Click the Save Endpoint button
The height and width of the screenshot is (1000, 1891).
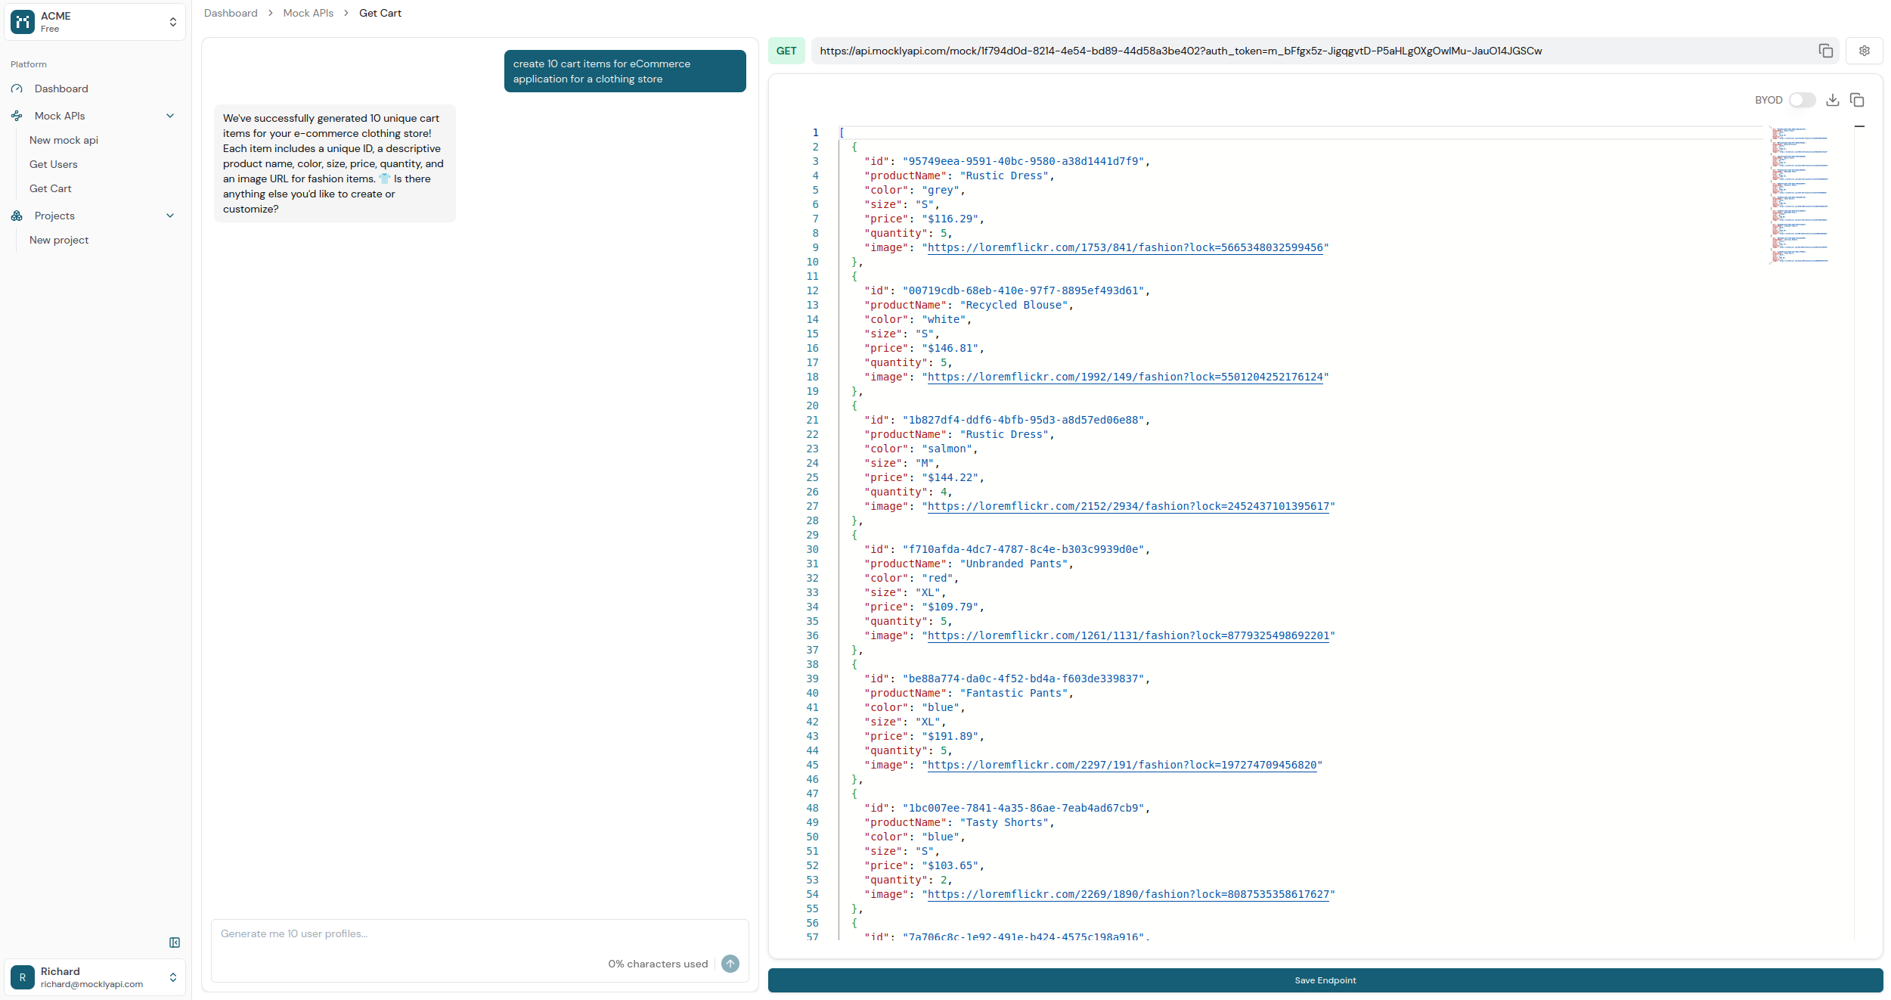tap(1325, 980)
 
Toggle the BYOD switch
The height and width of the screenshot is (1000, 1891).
tap(1802, 100)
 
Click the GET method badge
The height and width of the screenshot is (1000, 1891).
tap(786, 51)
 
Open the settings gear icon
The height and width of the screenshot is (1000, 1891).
tap(1865, 51)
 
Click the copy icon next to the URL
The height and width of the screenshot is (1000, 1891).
tap(1826, 51)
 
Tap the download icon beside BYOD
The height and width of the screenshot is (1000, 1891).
tap(1833, 100)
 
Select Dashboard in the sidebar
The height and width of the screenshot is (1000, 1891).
tap(61, 89)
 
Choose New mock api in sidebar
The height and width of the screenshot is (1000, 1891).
tap(64, 140)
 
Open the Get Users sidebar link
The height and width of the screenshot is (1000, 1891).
tap(53, 164)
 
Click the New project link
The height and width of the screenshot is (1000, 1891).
tap(59, 240)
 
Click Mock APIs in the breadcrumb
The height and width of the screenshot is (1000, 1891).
tap(308, 13)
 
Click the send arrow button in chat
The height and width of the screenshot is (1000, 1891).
tap(730, 964)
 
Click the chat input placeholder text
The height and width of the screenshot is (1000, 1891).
tap(294, 933)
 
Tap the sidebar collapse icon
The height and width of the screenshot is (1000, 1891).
tap(175, 943)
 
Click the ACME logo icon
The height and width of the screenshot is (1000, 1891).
tap(23, 22)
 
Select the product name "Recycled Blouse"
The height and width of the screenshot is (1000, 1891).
tap(1016, 305)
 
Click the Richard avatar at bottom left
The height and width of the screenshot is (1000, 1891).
tap(23, 977)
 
